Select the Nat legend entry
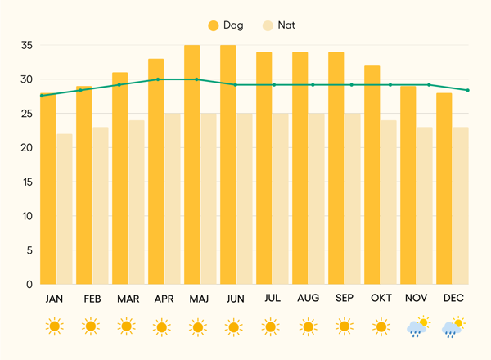278,25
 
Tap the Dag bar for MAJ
192,164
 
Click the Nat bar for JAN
64,209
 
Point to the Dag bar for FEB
84,185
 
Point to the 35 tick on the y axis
26,45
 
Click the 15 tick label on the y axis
26,182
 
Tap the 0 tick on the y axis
29,285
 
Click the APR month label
164,299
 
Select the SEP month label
344,299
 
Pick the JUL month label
272,299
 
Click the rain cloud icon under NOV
417,327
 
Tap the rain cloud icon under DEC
453,327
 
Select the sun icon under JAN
54,327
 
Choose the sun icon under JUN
235,327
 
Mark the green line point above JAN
42,96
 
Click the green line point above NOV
428,84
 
